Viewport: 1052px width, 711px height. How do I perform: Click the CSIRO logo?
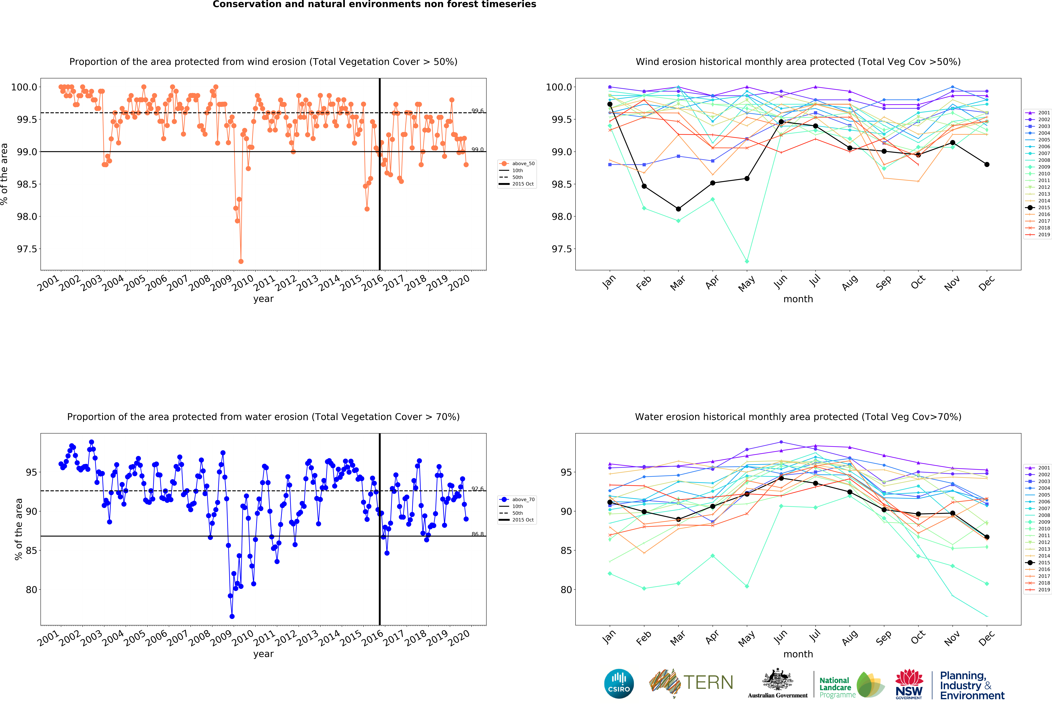click(x=619, y=683)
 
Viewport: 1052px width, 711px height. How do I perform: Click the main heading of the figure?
click(x=374, y=5)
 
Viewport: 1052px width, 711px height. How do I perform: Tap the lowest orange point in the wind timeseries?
click(x=241, y=261)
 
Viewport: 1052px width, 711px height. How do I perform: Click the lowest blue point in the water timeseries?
click(x=232, y=616)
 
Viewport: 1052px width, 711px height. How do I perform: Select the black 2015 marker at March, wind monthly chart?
click(x=678, y=209)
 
